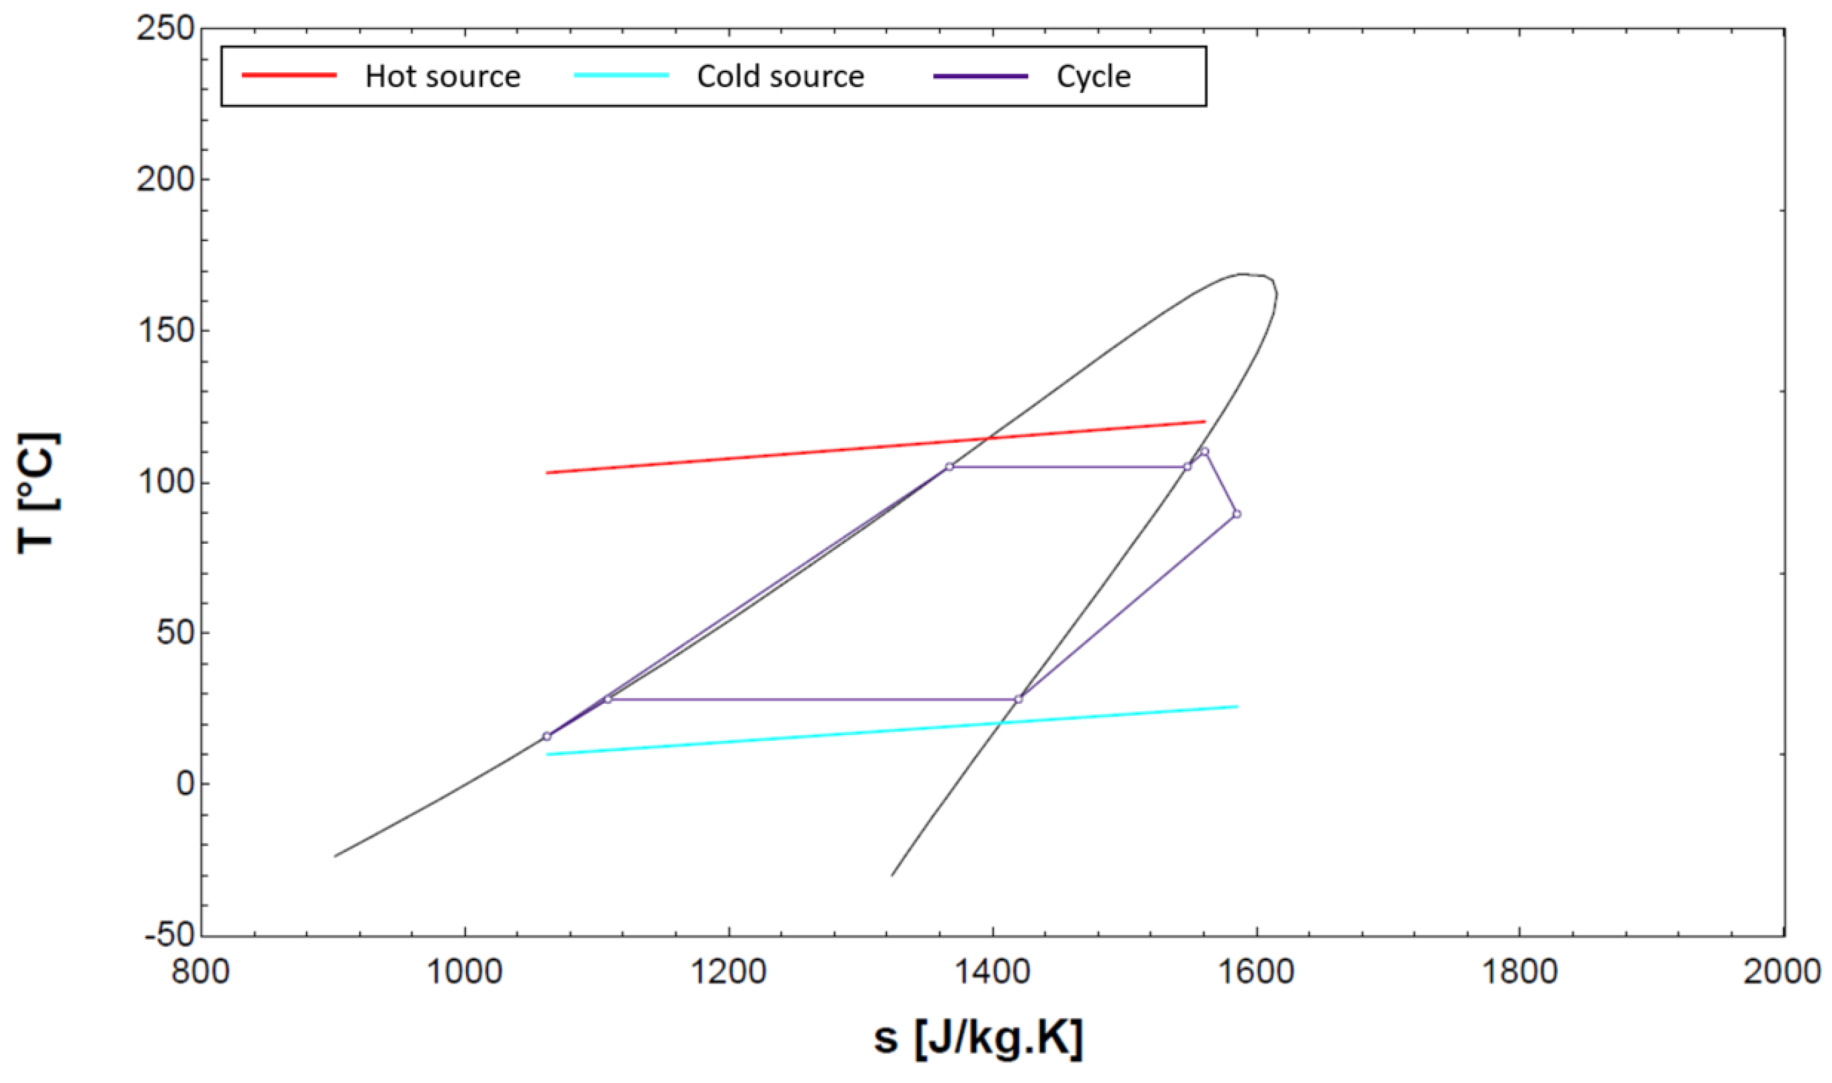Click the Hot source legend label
coord(443,77)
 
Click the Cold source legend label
coord(780,77)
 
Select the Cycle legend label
coord(1093,77)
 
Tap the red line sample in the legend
coord(289,75)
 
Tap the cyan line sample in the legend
coord(622,75)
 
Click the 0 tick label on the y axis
coord(185,784)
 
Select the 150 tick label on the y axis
coord(166,330)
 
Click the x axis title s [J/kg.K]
coord(978,1037)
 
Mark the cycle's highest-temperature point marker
coord(1204,451)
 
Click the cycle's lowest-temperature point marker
coord(547,736)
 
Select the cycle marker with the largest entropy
coord(1236,514)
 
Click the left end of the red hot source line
coord(547,473)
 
